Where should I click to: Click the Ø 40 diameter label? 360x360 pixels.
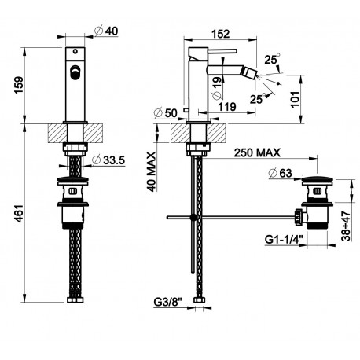[106, 31]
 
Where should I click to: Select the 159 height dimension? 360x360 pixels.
[19, 85]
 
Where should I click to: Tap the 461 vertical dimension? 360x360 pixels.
[19, 213]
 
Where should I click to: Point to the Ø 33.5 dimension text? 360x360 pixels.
[108, 160]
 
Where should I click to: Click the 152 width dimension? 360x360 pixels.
[220, 34]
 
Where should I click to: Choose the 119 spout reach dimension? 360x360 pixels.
[227, 107]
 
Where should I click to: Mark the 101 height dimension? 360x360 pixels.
[295, 99]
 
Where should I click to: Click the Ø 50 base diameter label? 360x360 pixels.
[166, 112]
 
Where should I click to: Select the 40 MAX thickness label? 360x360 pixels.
[151, 171]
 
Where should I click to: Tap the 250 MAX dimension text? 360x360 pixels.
[257, 152]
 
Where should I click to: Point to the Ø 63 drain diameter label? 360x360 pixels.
[281, 173]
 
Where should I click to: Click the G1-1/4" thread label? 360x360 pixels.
[284, 239]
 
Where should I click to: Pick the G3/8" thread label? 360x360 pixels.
[167, 303]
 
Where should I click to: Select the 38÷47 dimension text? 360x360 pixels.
[346, 226]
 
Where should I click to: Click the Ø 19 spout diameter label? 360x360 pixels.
[217, 88]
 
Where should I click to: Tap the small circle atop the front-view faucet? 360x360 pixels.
[75, 51]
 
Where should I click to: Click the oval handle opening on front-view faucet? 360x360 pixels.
[75, 72]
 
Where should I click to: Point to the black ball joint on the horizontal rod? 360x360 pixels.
[193, 217]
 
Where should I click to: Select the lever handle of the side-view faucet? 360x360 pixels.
[222, 50]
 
